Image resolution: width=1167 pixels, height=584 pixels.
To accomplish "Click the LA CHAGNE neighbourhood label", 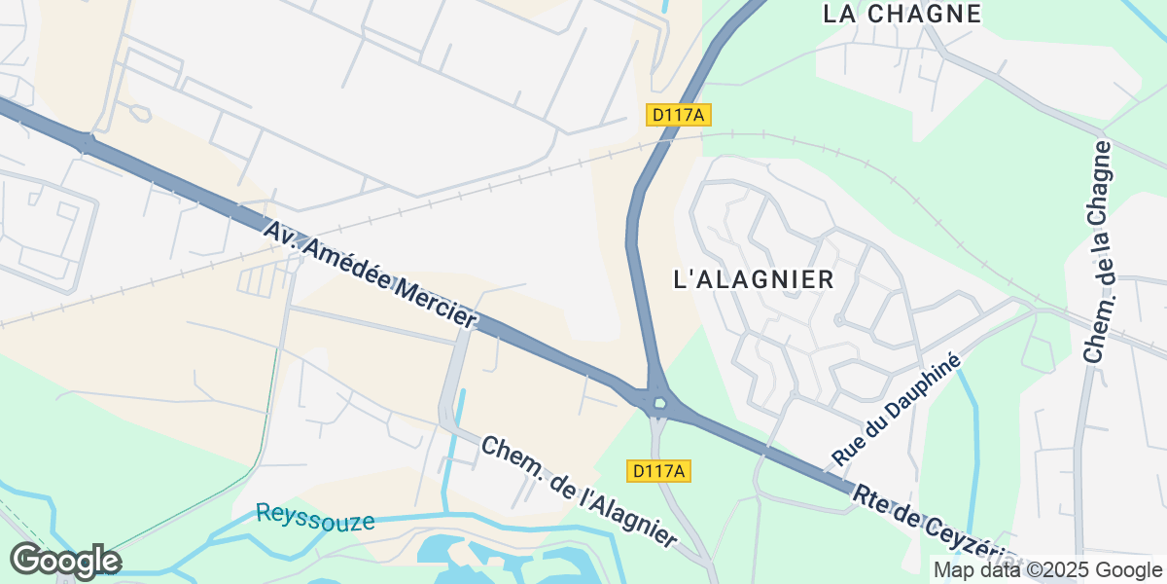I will coord(902,14).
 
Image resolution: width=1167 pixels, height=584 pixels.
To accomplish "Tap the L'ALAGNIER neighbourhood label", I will coord(754,279).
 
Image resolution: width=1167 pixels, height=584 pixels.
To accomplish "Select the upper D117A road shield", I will coord(679,115).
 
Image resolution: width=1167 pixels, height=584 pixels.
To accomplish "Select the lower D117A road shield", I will coord(660,471).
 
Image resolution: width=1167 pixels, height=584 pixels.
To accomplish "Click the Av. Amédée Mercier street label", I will coord(371,275).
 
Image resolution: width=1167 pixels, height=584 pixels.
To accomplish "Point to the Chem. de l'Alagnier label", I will coord(579,492).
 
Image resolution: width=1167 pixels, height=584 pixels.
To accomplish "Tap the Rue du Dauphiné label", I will coord(896,410).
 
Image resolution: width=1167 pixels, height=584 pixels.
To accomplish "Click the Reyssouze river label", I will coord(314,517).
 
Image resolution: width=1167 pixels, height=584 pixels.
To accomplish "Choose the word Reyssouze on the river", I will coord(314,517).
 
